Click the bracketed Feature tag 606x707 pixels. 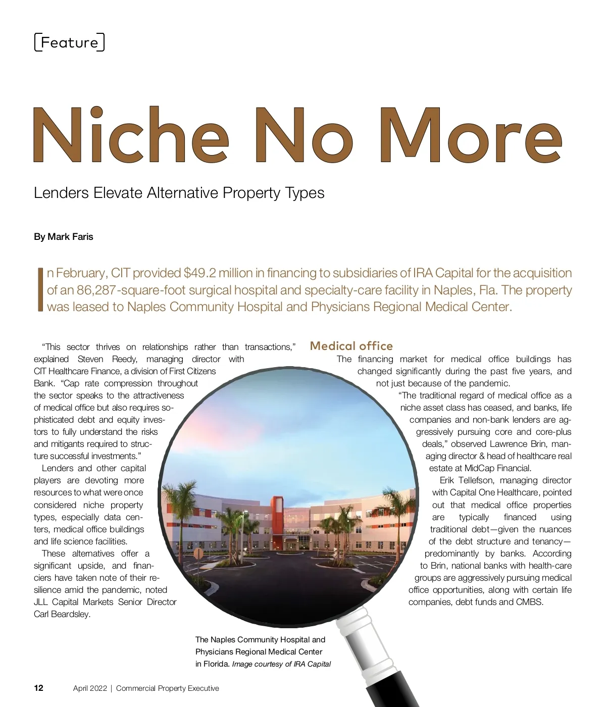pos(69,42)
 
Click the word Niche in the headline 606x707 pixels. pos(130,135)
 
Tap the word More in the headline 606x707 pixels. pos(470,135)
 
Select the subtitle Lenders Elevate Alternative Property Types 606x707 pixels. pos(179,193)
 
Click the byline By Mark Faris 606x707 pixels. pos(64,237)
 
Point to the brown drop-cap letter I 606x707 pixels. pos(40,290)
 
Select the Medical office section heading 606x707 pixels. pos(351,346)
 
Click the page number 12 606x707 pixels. pos(39,688)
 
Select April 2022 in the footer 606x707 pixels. pos(90,688)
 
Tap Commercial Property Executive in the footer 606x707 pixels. pos(168,688)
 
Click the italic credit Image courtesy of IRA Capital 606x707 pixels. pos(281,664)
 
